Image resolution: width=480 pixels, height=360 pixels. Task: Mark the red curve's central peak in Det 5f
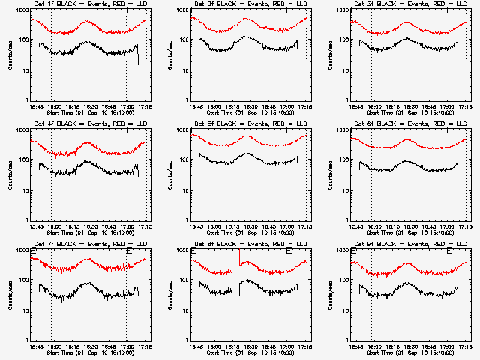(x=247, y=136)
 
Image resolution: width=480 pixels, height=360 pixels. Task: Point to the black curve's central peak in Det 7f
(x=88, y=283)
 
